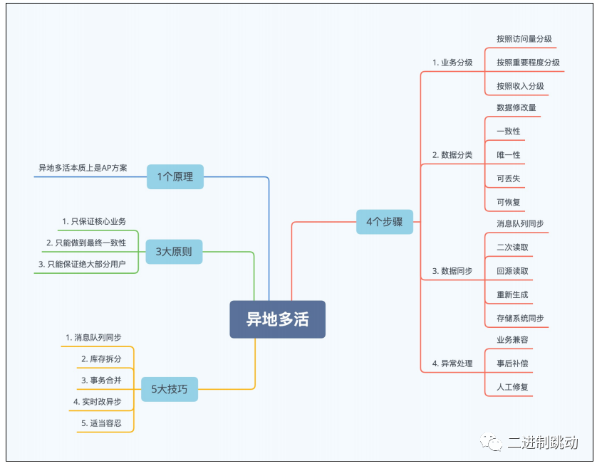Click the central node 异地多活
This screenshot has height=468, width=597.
[277, 319]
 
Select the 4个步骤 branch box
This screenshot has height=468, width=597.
[384, 221]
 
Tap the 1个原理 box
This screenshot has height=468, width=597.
[175, 176]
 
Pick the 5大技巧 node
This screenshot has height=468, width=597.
[169, 388]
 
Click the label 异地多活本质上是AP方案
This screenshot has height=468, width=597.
[83, 168]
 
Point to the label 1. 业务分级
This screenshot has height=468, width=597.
[452, 63]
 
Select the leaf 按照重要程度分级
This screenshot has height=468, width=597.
[528, 63]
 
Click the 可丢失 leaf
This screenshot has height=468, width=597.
[508, 179]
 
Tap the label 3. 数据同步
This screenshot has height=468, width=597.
[452, 271]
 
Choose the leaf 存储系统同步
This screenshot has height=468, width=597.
[520, 318]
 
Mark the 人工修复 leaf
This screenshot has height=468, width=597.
[512, 388]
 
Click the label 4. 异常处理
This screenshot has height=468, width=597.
[452, 363]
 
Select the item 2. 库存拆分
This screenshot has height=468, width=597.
[101, 358]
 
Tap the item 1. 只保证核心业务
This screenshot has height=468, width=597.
[94, 221]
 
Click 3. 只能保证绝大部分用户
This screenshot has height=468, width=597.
[82, 264]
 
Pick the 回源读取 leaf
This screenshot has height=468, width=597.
[512, 271]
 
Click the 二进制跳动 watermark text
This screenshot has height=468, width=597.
[543, 442]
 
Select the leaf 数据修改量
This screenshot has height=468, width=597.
[516, 107]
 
